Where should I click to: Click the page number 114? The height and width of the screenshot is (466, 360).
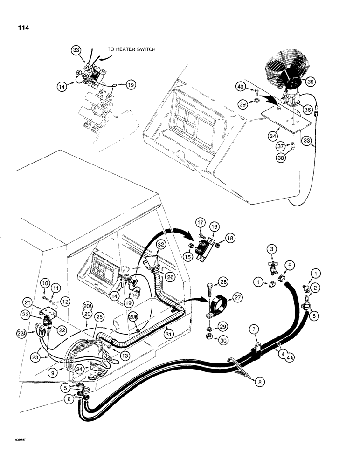click(21, 28)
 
